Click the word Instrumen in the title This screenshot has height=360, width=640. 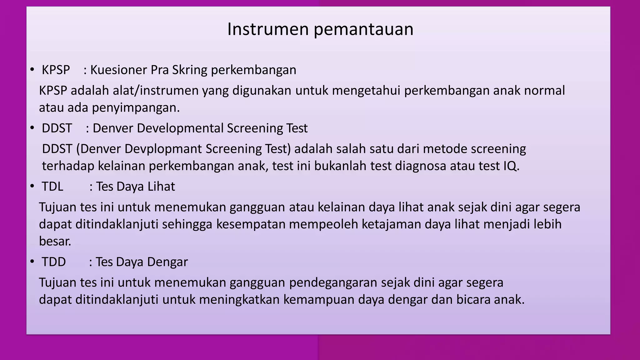(x=268, y=29)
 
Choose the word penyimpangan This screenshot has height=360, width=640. (x=136, y=108)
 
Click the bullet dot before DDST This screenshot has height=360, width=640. (x=32, y=128)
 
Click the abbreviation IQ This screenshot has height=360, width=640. (x=511, y=166)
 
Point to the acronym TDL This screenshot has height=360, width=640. (x=52, y=187)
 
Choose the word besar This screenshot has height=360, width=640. (x=55, y=241)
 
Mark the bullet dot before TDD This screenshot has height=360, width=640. (x=32, y=262)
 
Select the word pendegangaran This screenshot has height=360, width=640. (x=333, y=283)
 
